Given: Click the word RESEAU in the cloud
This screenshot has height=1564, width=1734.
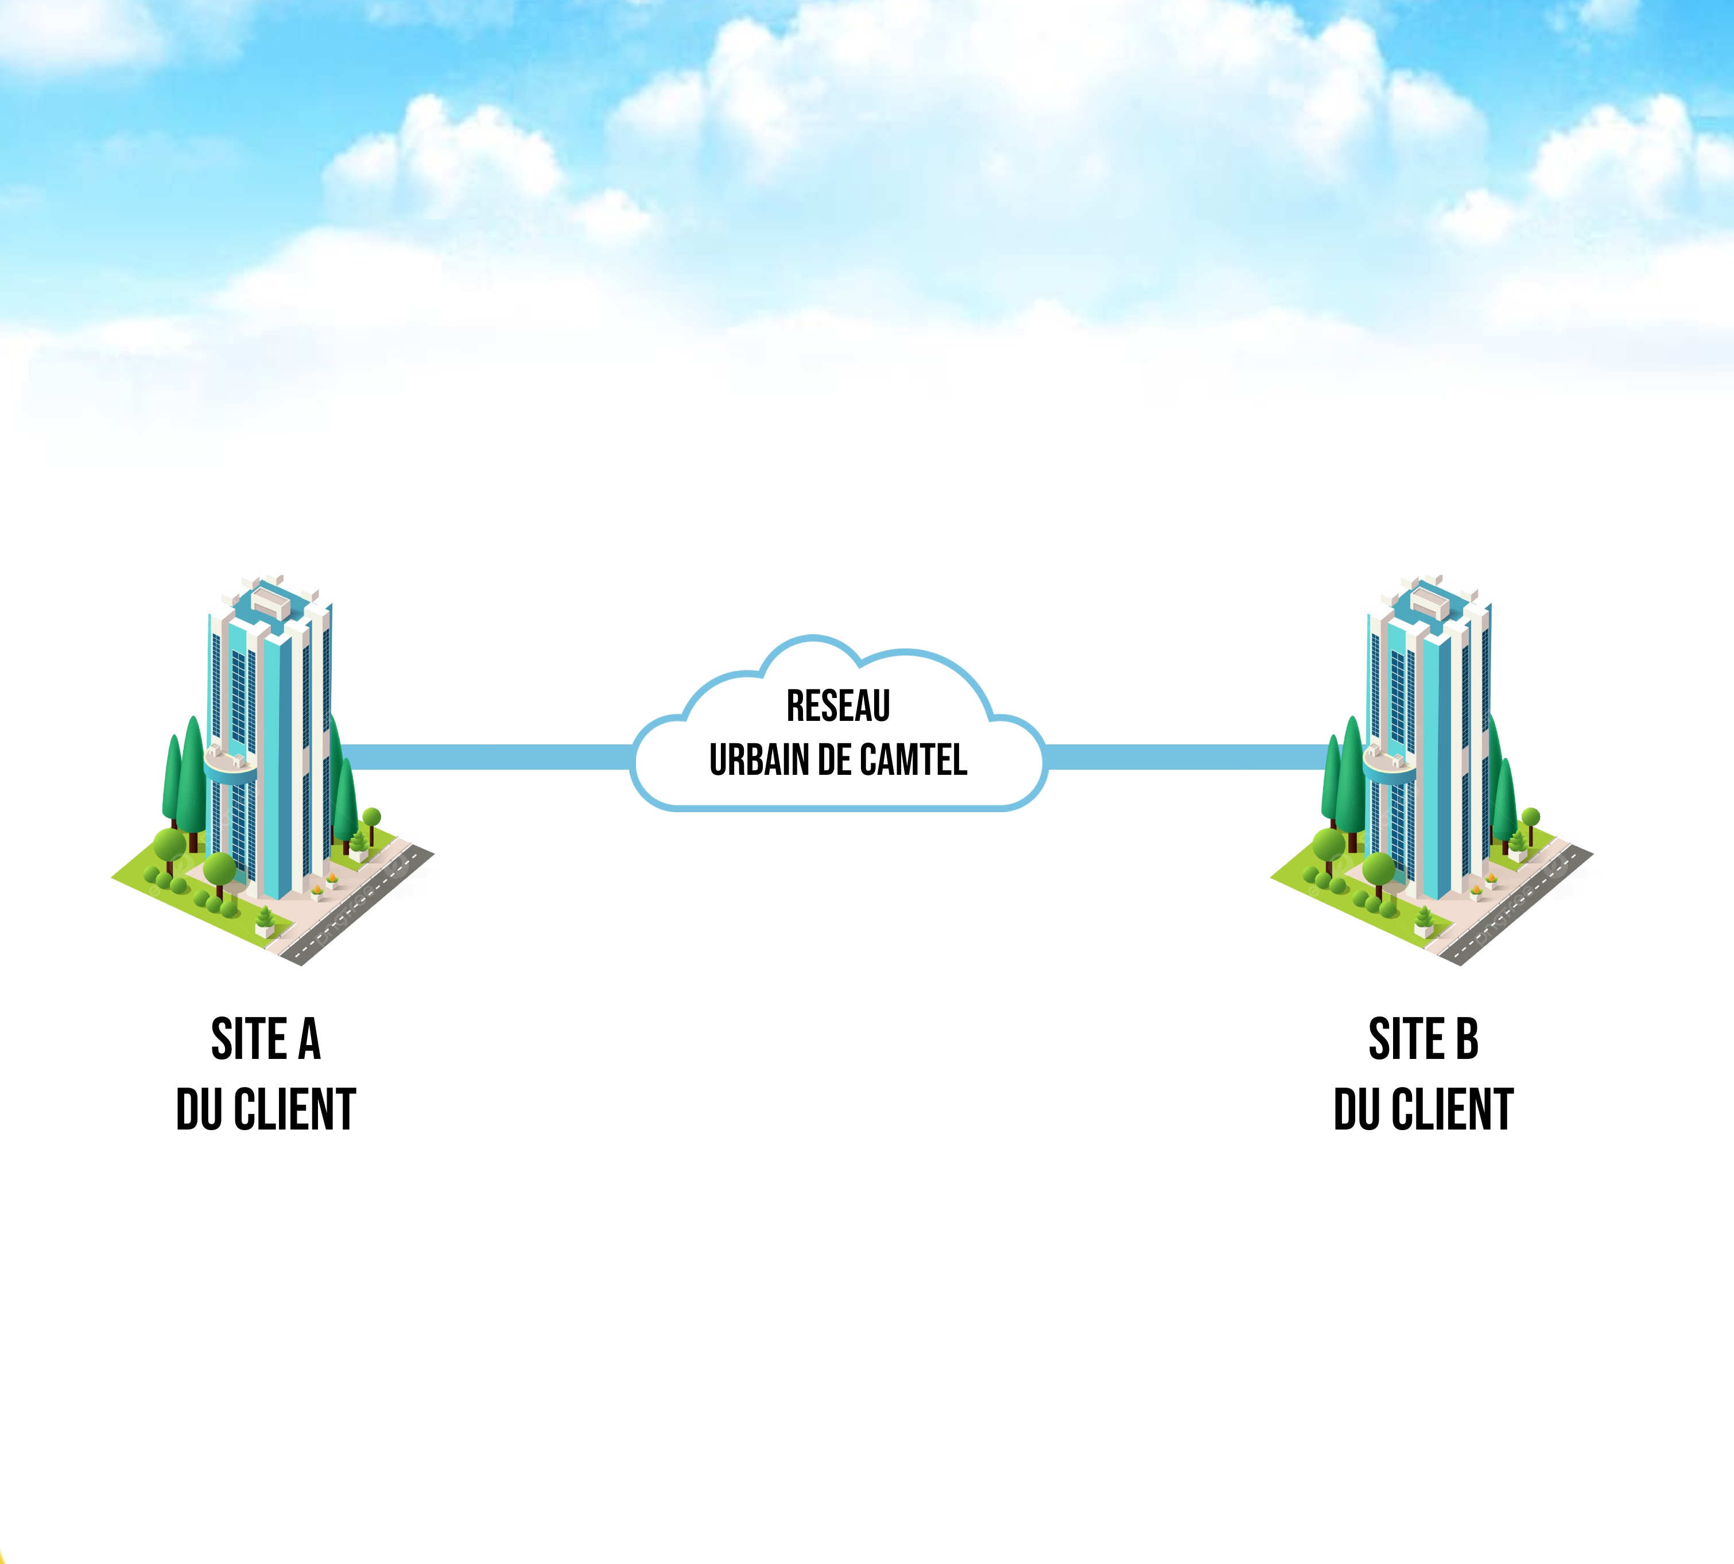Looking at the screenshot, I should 838,707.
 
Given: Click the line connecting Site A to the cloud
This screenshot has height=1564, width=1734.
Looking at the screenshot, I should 486,756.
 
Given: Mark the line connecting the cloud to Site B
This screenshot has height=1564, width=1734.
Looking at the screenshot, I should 1186,756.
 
